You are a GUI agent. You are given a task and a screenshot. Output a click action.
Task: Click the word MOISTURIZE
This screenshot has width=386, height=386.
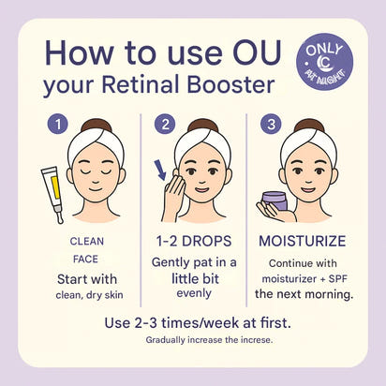(304, 242)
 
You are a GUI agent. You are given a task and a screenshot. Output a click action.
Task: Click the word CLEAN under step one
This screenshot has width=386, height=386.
(87, 241)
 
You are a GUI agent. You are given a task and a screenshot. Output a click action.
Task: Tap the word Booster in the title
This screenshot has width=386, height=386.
(229, 87)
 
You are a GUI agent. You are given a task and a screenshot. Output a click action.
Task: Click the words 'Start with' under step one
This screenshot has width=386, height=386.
(87, 280)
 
